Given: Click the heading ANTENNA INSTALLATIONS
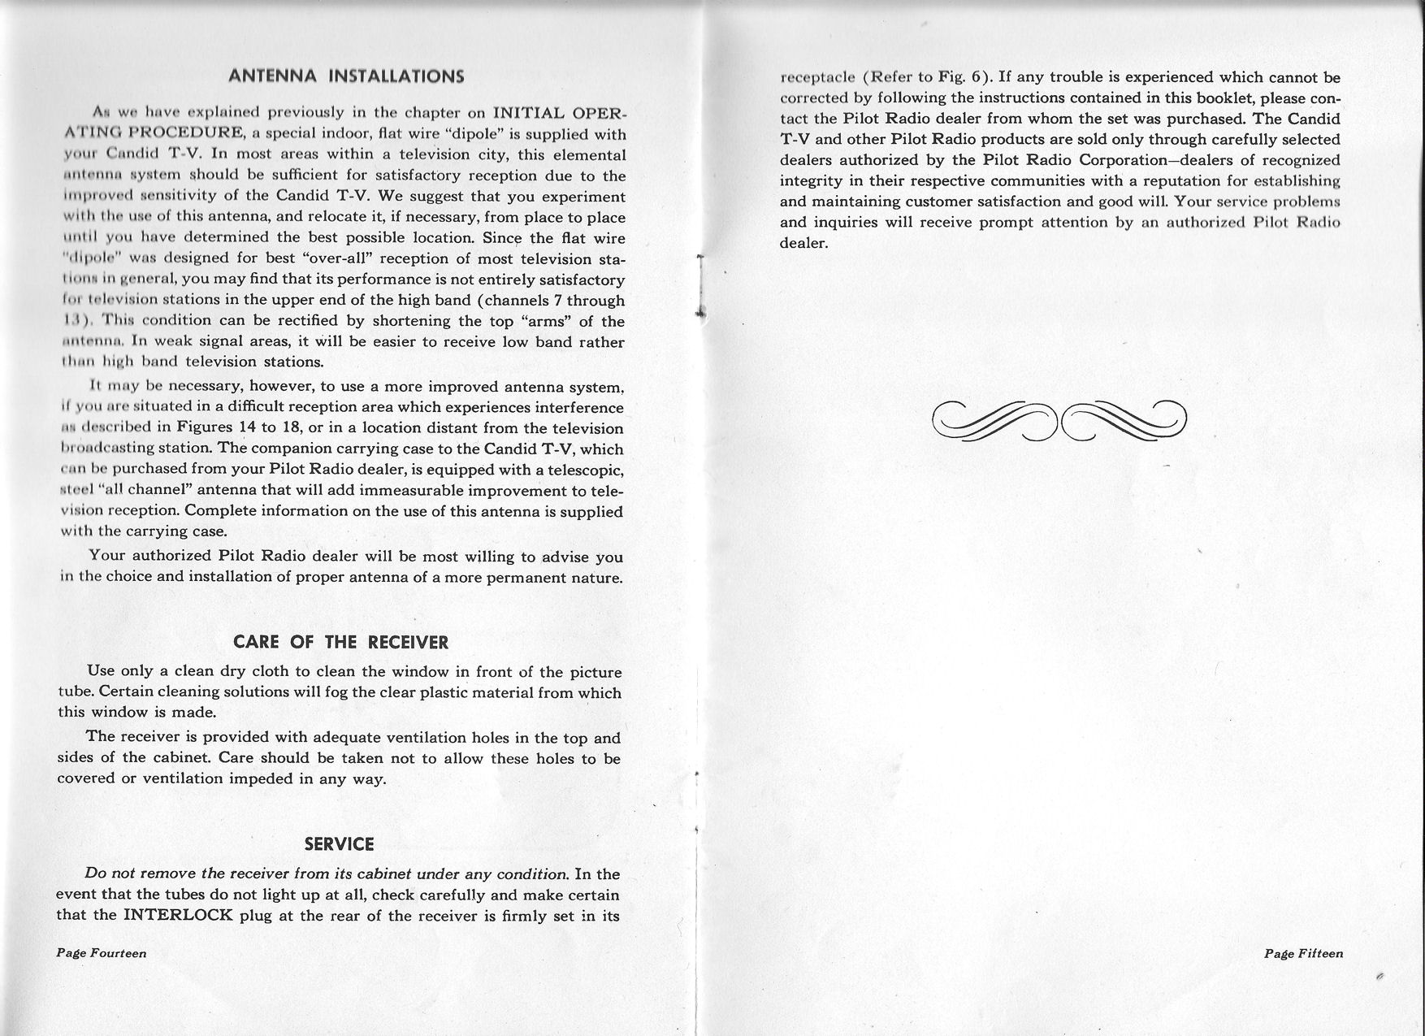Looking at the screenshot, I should tap(346, 77).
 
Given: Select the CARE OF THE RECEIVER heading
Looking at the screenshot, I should tap(340, 642).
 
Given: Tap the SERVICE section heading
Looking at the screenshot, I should tap(339, 844).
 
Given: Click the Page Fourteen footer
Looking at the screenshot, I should tap(102, 953).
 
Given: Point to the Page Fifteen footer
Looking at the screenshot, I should tap(1303, 954).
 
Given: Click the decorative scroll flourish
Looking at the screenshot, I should tap(1059, 421).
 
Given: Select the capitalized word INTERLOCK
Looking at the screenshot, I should tap(180, 916).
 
